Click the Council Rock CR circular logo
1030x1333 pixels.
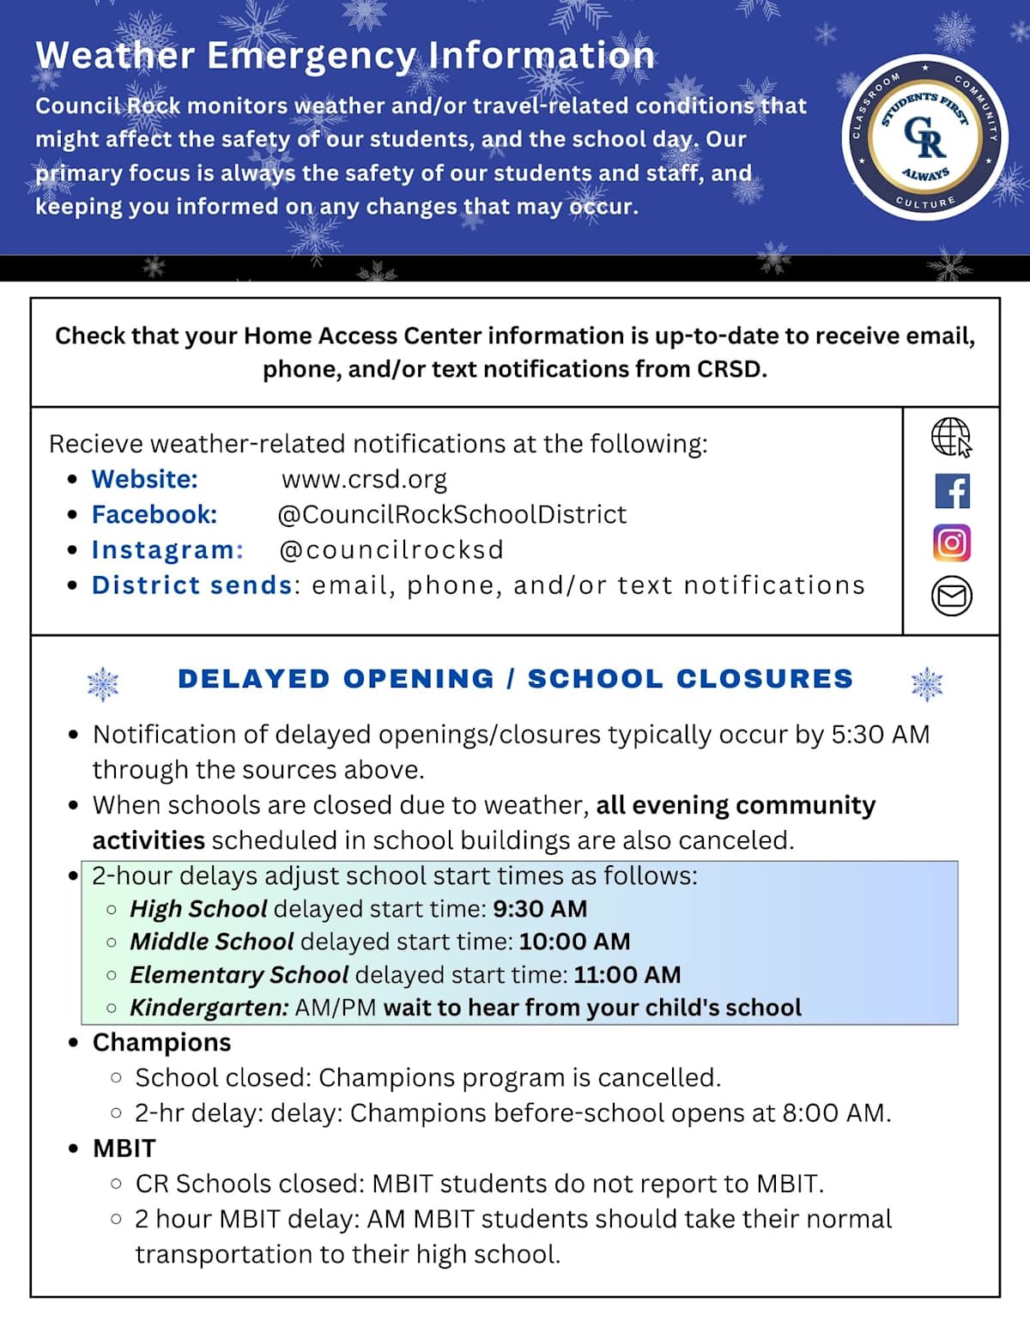[925, 137]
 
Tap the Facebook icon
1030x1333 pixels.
[952, 491]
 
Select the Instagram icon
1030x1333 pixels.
[952, 543]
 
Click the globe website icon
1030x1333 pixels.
[951, 437]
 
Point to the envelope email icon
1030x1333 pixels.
[952, 596]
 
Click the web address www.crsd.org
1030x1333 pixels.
[364, 479]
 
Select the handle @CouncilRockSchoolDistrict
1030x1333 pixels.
[452, 514]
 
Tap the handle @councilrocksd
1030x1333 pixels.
[392, 549]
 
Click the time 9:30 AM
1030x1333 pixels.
[540, 909]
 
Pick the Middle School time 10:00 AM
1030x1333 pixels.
[574, 942]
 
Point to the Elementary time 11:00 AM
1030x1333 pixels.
[627, 975]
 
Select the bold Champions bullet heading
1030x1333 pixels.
[161, 1042]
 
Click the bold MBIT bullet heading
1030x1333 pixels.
[124, 1148]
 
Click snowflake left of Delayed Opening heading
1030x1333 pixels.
[103, 683]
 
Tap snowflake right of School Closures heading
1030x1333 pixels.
[926, 683]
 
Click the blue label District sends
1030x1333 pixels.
[192, 585]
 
